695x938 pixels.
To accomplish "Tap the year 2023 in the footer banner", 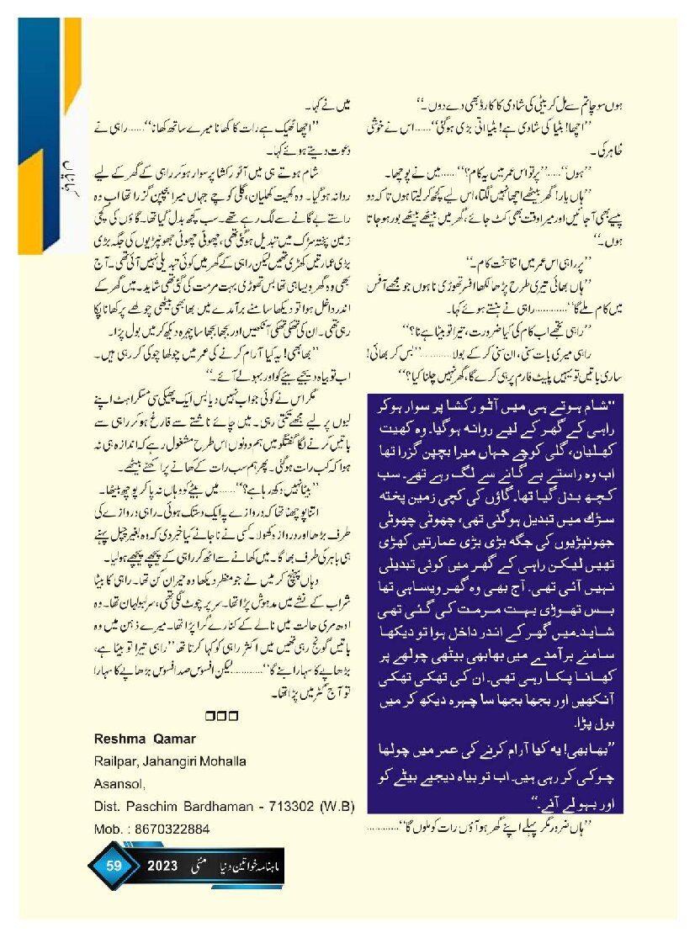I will coord(161,864).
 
